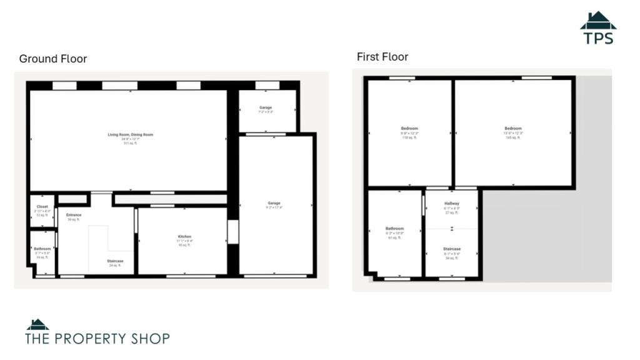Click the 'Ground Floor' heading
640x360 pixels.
tap(53, 59)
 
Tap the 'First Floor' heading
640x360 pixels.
tap(382, 57)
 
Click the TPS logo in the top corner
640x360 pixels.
tap(598, 29)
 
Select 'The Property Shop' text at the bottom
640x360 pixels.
tap(97, 339)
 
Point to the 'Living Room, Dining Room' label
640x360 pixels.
tap(130, 134)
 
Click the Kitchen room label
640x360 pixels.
tap(184, 236)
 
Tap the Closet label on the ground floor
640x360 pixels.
tap(42, 206)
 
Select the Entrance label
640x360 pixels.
tap(74, 215)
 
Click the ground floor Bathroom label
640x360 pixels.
tap(42, 249)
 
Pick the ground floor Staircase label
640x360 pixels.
tap(115, 261)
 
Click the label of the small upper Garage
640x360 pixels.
tap(266, 107)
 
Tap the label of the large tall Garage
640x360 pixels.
tap(274, 203)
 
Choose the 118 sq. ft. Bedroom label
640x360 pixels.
tap(409, 129)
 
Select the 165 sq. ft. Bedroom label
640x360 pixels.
tap(513, 129)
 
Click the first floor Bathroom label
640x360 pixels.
tap(394, 229)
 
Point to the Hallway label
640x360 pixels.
tap(452, 204)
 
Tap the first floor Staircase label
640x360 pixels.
tap(452, 249)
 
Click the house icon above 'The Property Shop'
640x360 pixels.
tap(37, 324)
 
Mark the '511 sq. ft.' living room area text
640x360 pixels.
tap(130, 143)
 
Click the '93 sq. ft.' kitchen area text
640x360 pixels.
tap(184, 244)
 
